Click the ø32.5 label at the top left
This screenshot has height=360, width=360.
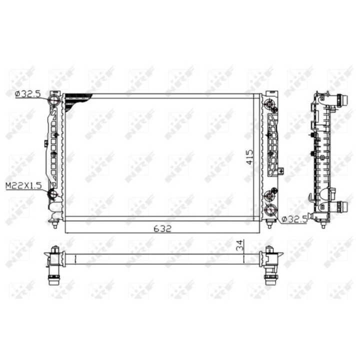[27, 94]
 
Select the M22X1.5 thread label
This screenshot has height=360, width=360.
[23, 185]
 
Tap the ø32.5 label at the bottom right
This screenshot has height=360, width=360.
[294, 219]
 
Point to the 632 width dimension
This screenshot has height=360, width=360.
[162, 228]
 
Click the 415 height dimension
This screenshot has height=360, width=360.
[249, 157]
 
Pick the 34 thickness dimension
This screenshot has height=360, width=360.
[239, 245]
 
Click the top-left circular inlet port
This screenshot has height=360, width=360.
[54, 100]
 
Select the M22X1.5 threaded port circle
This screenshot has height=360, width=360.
[53, 194]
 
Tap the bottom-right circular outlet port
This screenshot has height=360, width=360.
[270, 209]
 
